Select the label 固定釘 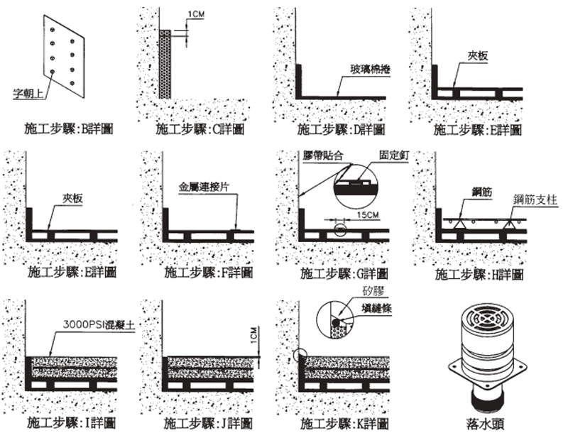pyautogui.click(x=393, y=155)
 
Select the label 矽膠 pyautogui.click(x=373, y=292)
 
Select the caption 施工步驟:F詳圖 pyautogui.click(x=204, y=273)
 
